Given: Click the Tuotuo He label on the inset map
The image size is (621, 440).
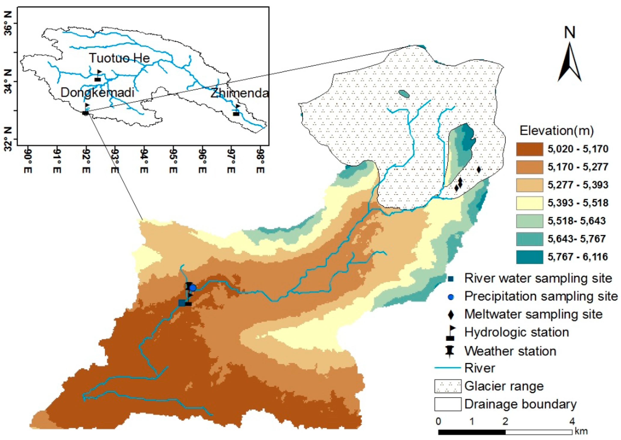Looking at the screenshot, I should tap(119, 58).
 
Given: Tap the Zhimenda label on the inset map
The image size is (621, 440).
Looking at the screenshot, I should tap(239, 93).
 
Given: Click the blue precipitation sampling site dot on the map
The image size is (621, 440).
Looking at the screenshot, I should tap(193, 288).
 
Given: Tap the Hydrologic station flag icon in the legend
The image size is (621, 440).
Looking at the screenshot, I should tap(450, 333).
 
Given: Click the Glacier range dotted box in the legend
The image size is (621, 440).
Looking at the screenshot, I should tap(448, 386).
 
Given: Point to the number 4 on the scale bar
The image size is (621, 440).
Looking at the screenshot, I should tap(572, 422).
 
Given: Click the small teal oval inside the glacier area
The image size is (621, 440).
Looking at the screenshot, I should tap(404, 94).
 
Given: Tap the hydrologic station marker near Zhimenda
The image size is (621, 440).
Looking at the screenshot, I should tap(236, 111).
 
